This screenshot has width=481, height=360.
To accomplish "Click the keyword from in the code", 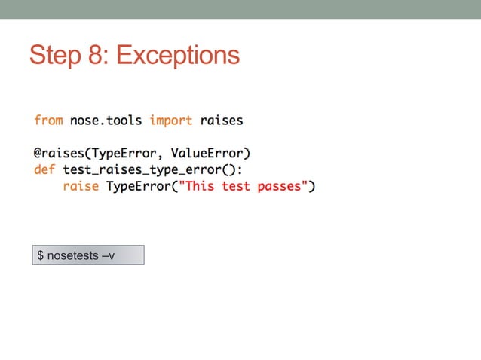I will [x=48, y=120].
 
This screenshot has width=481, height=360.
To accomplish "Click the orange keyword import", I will [x=171, y=120].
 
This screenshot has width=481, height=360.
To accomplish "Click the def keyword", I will [x=44, y=169].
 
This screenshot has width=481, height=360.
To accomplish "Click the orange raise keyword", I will [x=81, y=185].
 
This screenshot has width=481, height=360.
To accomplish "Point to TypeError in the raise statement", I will [x=139, y=185].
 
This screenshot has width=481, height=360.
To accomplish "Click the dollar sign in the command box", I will [x=41, y=256].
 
